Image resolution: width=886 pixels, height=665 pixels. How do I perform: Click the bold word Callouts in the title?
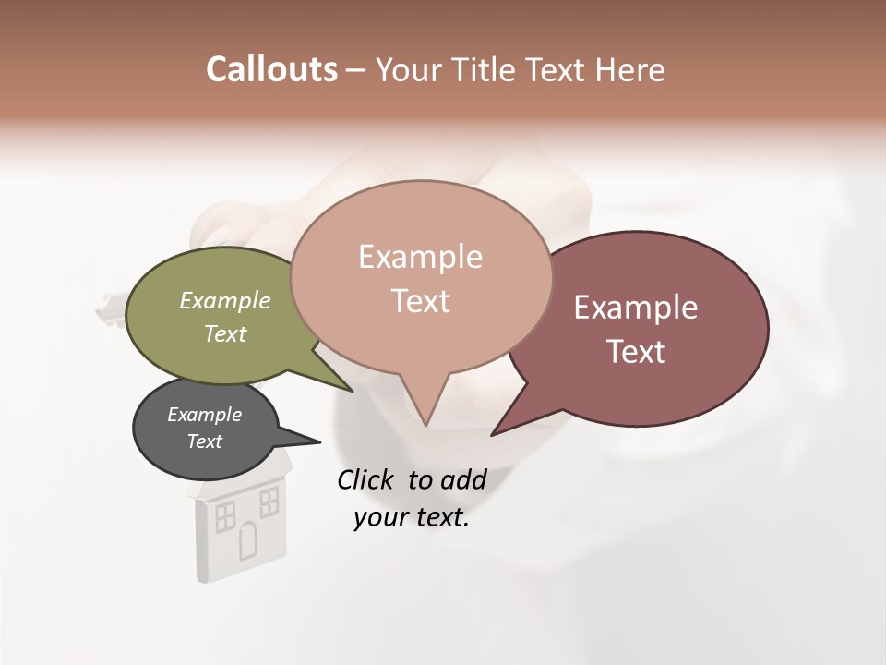coord(271,69)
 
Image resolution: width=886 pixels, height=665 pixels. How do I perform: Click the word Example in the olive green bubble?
coord(225,300)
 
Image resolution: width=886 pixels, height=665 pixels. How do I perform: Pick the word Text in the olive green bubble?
coord(225,333)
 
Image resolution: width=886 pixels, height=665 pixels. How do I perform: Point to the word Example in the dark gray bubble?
coord(204,415)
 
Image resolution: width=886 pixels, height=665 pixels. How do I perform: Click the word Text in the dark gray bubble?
coord(204,441)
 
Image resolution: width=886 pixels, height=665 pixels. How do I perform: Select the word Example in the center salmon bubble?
coord(420,257)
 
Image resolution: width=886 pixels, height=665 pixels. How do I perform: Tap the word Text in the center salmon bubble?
coord(420,301)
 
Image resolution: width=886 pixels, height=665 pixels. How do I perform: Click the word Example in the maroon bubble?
coord(636,308)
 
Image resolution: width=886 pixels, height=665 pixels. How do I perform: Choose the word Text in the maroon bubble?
coord(636,352)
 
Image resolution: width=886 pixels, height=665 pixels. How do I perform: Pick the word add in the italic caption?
coord(464,479)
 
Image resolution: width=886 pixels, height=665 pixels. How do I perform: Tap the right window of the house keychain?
coord(269,502)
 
